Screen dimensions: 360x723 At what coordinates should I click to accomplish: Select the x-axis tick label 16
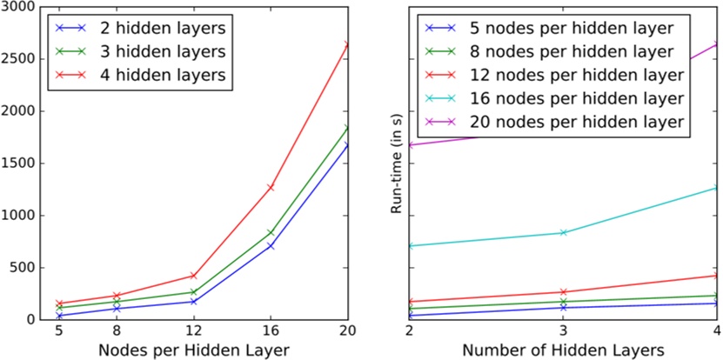click(271, 331)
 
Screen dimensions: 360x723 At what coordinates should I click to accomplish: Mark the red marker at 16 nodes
click(271, 187)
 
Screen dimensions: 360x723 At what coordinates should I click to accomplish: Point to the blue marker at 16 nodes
click(271, 246)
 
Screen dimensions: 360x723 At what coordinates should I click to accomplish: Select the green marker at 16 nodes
click(271, 232)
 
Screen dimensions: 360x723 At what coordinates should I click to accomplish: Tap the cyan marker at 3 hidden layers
click(563, 232)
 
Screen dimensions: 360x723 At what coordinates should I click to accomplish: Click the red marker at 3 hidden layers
click(563, 292)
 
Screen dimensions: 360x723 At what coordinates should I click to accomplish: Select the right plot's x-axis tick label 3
click(563, 331)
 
